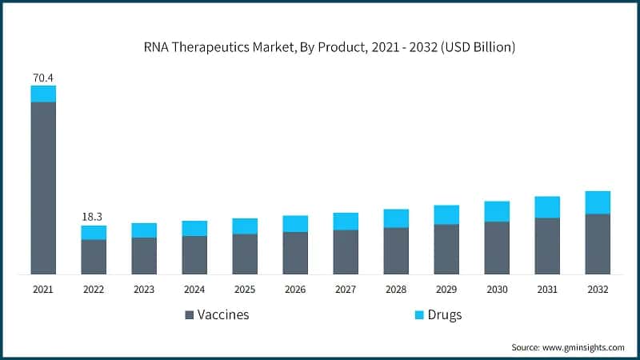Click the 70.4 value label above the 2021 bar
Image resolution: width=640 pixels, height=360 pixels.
(43, 78)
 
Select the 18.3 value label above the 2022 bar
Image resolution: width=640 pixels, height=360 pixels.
(94, 217)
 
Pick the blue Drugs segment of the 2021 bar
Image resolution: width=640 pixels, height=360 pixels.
(43, 94)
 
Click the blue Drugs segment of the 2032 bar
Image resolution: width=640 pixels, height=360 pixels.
(598, 202)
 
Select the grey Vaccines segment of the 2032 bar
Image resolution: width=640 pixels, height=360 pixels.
(598, 244)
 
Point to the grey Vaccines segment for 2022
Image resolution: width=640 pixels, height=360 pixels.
(94, 257)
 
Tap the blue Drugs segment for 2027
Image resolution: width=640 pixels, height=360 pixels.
(346, 221)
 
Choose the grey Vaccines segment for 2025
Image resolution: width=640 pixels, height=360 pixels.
(245, 254)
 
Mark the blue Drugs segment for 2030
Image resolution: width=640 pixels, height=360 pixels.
(497, 211)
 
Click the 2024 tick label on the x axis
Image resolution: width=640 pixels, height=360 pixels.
(194, 290)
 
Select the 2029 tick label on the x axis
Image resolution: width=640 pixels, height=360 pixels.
(446, 290)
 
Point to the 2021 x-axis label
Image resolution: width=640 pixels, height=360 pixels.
(43, 290)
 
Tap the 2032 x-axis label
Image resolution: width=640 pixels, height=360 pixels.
(598, 290)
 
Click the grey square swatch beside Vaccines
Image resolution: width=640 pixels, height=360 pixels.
(190, 315)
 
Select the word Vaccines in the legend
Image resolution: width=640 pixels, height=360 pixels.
(223, 315)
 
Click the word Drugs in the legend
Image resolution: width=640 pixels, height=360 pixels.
(444, 315)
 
